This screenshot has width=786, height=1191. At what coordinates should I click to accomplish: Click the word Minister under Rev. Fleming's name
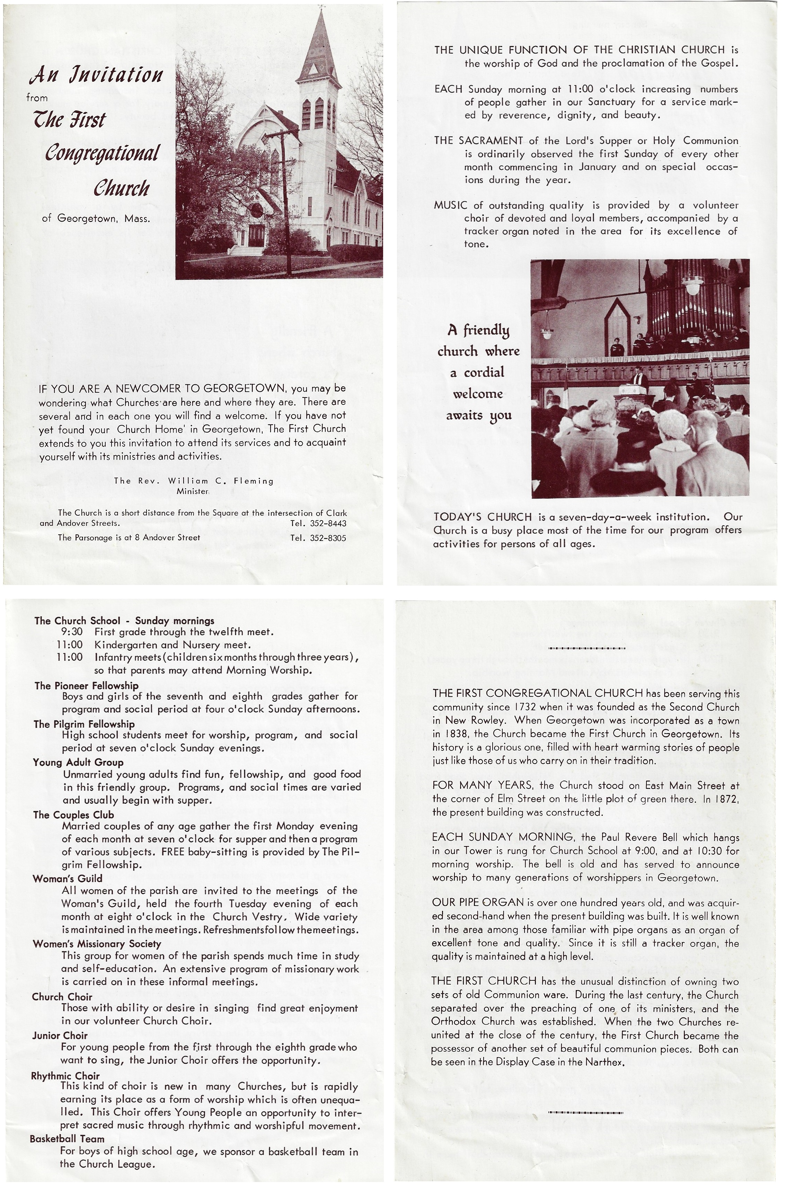[193, 491]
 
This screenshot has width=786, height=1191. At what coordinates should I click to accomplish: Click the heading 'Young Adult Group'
[78, 762]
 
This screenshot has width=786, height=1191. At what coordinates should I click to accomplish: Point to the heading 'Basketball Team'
[67, 1138]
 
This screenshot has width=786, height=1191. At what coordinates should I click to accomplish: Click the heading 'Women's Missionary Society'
[97, 944]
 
